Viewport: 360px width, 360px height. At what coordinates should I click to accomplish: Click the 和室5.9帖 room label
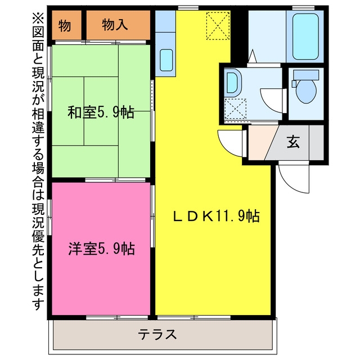pos(101,112)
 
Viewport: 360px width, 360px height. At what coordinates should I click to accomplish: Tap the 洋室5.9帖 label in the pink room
pos(101,249)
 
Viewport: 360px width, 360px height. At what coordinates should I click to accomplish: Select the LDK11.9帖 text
pos(216,216)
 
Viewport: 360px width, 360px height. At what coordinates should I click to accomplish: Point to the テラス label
pos(157,334)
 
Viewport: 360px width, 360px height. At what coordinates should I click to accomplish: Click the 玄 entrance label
pos(293,142)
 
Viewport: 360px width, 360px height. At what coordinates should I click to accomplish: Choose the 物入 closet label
pos(115,25)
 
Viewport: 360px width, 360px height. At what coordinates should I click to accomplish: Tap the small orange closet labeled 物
pos(65,25)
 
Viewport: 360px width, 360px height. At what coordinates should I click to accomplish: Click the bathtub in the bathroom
pos(305,36)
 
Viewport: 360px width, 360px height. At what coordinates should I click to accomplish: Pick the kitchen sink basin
pos(166,60)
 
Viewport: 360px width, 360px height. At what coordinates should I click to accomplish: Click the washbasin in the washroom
pos(232,83)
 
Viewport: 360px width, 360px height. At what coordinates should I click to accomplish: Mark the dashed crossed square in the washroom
pos(235,109)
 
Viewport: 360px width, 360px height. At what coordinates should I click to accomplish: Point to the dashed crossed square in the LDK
pos(218,26)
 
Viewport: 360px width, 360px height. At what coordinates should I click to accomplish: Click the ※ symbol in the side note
pos(38,19)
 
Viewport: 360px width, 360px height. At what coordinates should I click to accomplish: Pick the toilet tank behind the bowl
pos(306,75)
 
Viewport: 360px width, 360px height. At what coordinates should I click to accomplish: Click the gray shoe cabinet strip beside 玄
pos(316,142)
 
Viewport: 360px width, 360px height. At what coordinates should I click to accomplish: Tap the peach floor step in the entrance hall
pos(260,142)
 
